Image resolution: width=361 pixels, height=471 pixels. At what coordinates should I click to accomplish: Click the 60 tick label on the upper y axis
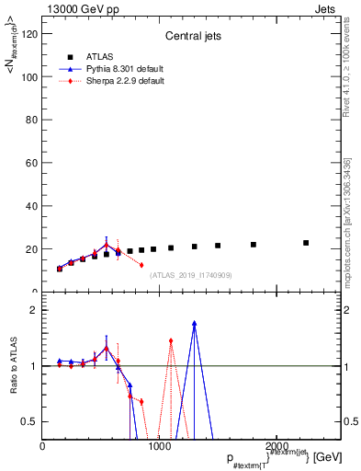click(x=32, y=163)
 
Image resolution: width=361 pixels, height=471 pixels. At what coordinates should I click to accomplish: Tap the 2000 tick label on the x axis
click(x=276, y=446)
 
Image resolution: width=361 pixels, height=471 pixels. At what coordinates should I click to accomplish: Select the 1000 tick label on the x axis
click(x=160, y=446)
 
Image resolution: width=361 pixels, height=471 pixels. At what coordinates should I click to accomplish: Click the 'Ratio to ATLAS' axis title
click(x=14, y=366)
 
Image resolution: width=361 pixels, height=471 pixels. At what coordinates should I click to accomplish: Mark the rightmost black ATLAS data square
click(x=306, y=243)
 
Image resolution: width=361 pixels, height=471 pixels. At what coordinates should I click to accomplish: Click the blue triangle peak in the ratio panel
click(x=195, y=323)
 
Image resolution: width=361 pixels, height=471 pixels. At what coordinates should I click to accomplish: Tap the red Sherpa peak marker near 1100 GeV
click(x=171, y=341)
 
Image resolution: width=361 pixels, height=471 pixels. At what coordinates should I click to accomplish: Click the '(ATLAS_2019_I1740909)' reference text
click(x=190, y=275)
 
